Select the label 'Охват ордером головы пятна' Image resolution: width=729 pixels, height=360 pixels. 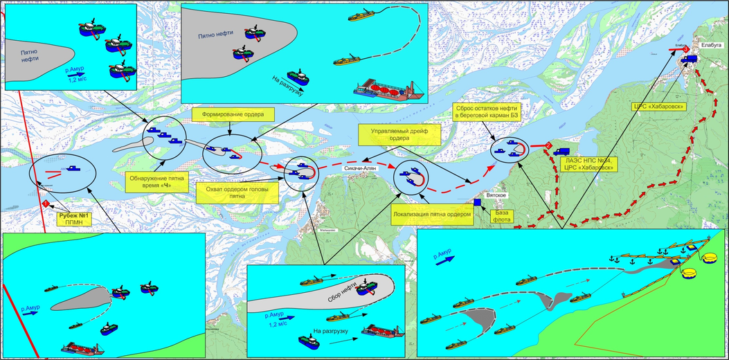232,191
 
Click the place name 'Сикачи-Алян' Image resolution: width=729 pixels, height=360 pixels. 360,168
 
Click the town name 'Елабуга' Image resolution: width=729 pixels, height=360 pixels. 710,45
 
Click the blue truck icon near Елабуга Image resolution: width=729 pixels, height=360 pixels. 689,60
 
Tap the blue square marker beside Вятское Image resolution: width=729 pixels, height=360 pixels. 477,203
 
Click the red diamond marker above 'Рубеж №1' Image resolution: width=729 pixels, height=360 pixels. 46,204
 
